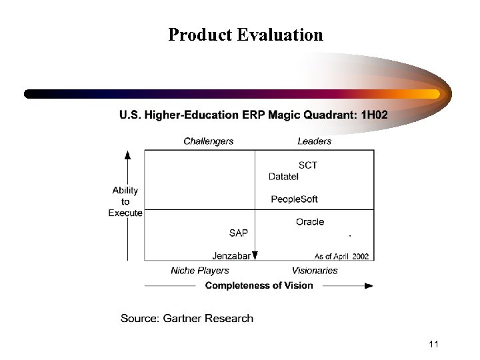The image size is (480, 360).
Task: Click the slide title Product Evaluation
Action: pyautogui.click(x=245, y=35)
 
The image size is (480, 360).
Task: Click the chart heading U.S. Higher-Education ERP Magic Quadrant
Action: pyautogui.click(x=253, y=115)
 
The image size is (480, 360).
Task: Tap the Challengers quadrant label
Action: pyautogui.click(x=209, y=141)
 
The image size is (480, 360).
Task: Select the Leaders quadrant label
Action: pyautogui.click(x=314, y=141)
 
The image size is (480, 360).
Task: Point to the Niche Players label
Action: pyautogui.click(x=200, y=271)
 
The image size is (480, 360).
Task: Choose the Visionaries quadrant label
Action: pyautogui.click(x=315, y=271)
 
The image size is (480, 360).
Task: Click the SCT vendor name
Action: pyautogui.click(x=308, y=165)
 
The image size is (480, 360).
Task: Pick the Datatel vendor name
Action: pyautogui.click(x=283, y=177)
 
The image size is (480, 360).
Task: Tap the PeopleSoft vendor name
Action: pyautogui.click(x=294, y=199)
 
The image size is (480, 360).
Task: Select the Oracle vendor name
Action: pyautogui.click(x=310, y=222)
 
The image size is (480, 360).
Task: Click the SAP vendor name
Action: pyautogui.click(x=238, y=233)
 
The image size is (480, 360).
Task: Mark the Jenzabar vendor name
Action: pyautogui.click(x=231, y=255)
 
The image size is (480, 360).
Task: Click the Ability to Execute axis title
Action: pyautogui.click(x=125, y=201)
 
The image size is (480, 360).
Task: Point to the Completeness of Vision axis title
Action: pyautogui.click(x=259, y=285)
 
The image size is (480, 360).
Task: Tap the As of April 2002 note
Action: pyautogui.click(x=341, y=256)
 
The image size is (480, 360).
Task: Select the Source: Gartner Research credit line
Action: pyautogui.click(x=187, y=318)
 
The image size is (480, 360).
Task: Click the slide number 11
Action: pyautogui.click(x=433, y=344)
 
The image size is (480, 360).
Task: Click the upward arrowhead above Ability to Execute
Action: pyautogui.click(x=127, y=155)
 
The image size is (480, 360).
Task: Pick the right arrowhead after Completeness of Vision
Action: pyautogui.click(x=369, y=286)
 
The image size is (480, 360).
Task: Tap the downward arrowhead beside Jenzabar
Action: pyautogui.click(x=255, y=255)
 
